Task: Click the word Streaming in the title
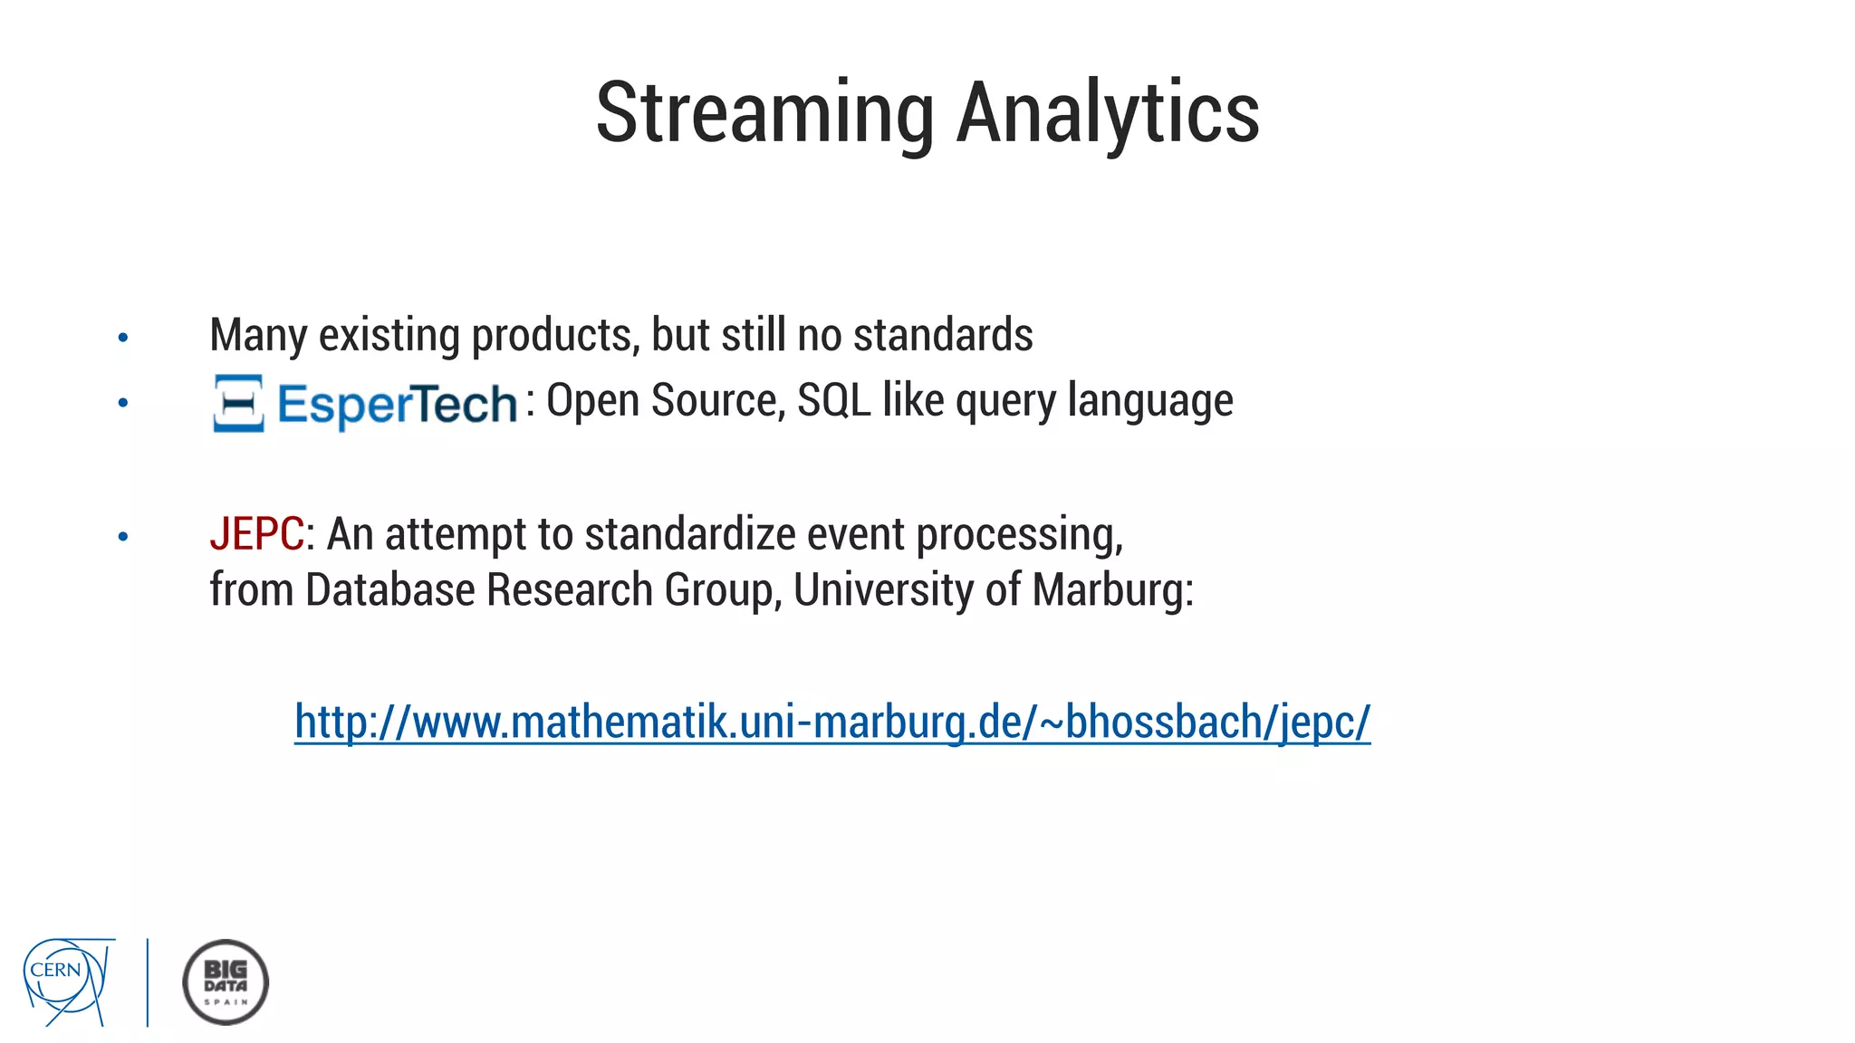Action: tap(764, 113)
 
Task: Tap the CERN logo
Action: tap(68, 981)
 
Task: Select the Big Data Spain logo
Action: tap(226, 981)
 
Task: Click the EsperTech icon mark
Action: tap(238, 403)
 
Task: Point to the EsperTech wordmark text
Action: tap(397, 404)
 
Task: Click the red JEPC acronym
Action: tap(256, 533)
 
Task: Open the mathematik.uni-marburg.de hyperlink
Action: tap(831, 722)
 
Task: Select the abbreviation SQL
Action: tap(833, 400)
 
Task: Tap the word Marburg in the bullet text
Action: tap(1111, 590)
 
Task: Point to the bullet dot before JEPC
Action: tap(123, 537)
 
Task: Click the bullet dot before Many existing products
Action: tap(123, 339)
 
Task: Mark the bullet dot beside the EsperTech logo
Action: tap(123, 403)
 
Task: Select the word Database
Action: tap(389, 590)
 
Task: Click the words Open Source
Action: tap(665, 400)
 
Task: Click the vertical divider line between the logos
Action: tap(148, 981)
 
